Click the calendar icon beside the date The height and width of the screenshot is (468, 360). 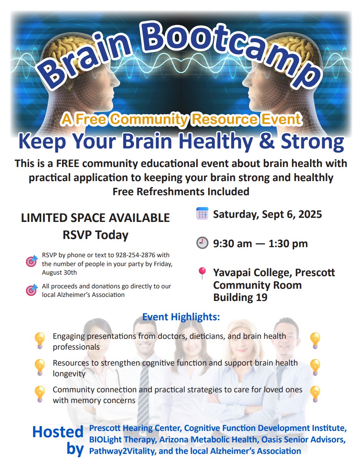tap(202, 213)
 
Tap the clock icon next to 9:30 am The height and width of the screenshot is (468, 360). tap(202, 243)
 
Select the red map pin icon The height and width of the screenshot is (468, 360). tap(202, 273)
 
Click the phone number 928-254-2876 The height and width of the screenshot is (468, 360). tap(135, 255)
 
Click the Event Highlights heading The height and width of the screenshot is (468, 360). tap(181, 317)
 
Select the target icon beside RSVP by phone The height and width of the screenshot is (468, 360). tap(32, 261)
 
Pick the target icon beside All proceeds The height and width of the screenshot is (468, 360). tap(32, 290)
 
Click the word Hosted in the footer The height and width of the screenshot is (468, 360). tap(58, 432)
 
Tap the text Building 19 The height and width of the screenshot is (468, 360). tap(240, 297)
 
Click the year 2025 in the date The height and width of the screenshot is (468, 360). tap(310, 214)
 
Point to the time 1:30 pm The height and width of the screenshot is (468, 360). tap(288, 243)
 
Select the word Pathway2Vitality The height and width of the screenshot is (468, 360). tap(123, 451)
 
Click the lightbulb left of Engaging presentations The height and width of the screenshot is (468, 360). tap(40, 340)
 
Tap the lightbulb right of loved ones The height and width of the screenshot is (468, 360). tap(315, 394)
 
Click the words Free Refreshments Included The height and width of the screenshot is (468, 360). tap(181, 191)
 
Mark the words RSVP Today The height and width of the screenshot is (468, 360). tap(95, 235)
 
